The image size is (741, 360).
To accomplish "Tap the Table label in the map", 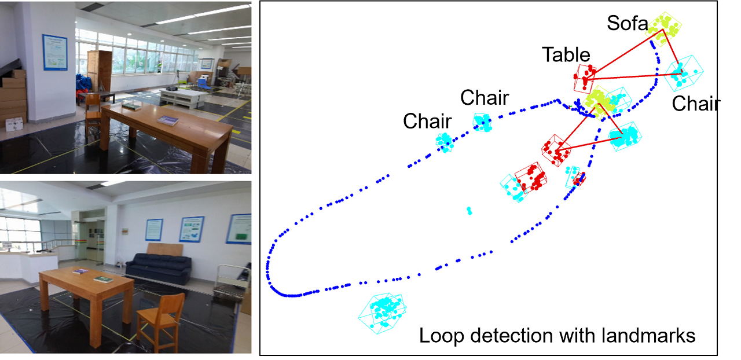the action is (x=566, y=55).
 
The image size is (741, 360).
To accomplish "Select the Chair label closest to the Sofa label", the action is (x=696, y=104).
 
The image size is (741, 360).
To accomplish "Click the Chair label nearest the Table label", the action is (x=484, y=98).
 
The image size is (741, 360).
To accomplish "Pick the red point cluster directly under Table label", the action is (x=585, y=78).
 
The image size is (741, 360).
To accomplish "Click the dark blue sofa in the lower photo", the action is (x=158, y=269).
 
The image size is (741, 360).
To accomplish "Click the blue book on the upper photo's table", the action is (x=168, y=120).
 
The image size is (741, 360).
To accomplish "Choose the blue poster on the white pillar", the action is (x=55, y=53).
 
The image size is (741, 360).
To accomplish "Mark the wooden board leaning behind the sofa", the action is (x=165, y=249).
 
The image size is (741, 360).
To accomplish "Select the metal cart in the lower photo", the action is (x=232, y=281).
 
